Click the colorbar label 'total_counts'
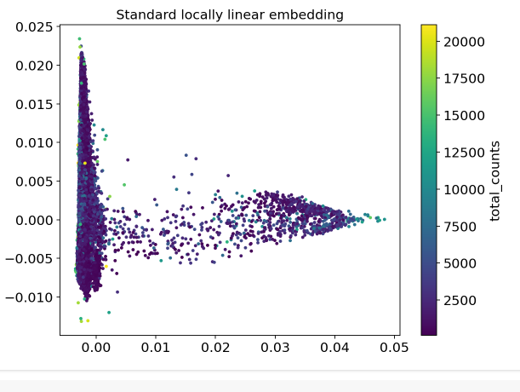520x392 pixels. tap(495, 181)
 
